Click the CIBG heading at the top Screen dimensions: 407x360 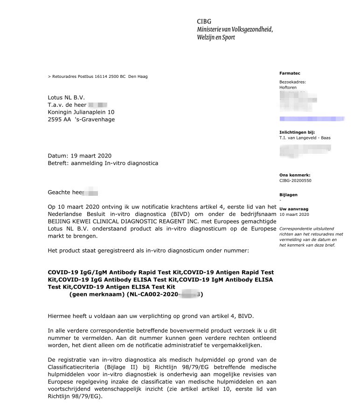(x=204, y=21)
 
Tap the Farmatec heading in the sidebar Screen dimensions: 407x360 (x=290, y=73)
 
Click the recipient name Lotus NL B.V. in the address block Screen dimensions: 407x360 (x=66, y=97)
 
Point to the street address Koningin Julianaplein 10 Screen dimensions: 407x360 (x=81, y=112)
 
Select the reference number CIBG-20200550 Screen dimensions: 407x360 (x=296, y=180)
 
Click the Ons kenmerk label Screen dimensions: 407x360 (x=295, y=175)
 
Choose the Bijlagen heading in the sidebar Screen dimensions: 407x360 (x=288, y=195)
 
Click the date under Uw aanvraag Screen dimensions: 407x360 (x=294, y=214)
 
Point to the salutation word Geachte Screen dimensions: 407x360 (x=60, y=192)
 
